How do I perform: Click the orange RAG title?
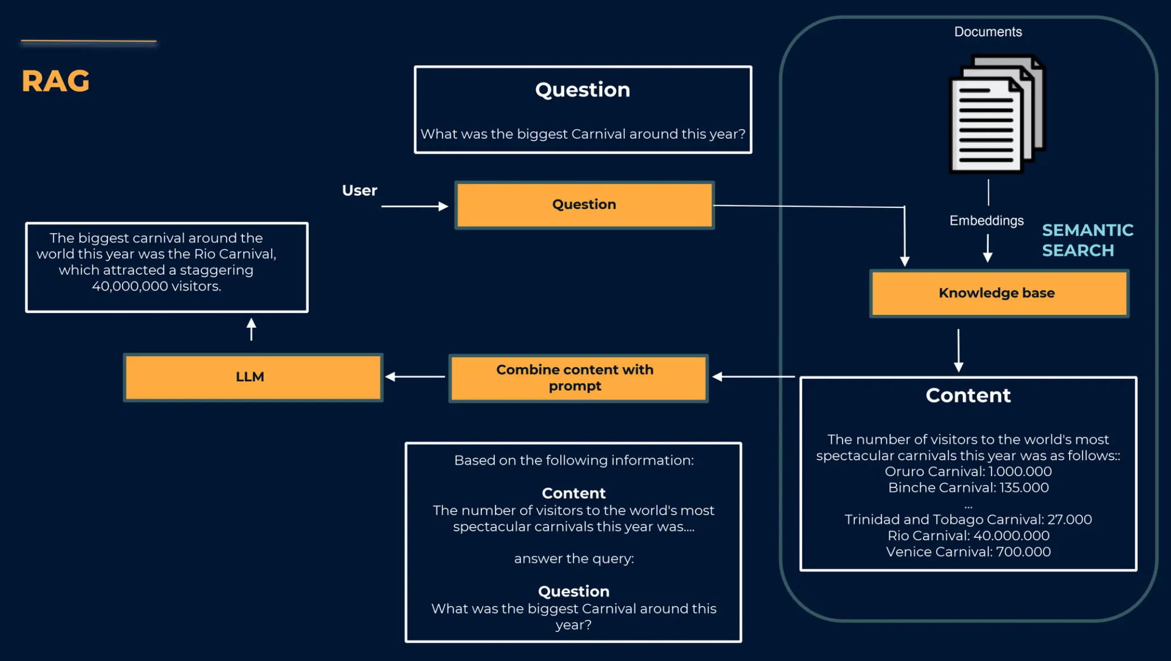click(x=55, y=81)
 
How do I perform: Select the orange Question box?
click(x=584, y=205)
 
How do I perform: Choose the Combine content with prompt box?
click(x=578, y=378)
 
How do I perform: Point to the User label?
click(x=359, y=191)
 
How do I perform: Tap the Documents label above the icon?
click(x=988, y=32)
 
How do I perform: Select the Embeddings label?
click(x=987, y=220)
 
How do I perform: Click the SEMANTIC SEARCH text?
click(x=1087, y=240)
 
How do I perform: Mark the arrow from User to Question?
click(x=415, y=206)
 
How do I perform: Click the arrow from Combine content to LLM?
click(x=415, y=377)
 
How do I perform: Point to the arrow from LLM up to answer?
click(x=251, y=329)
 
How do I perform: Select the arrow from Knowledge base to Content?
click(x=958, y=350)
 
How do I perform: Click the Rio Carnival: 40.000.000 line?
click(x=968, y=536)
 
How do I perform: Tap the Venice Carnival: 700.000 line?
click(x=968, y=552)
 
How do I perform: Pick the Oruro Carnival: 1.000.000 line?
click(x=968, y=472)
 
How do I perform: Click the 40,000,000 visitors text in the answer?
click(x=156, y=286)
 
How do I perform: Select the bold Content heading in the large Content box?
click(x=968, y=396)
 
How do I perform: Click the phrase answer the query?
click(x=574, y=559)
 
